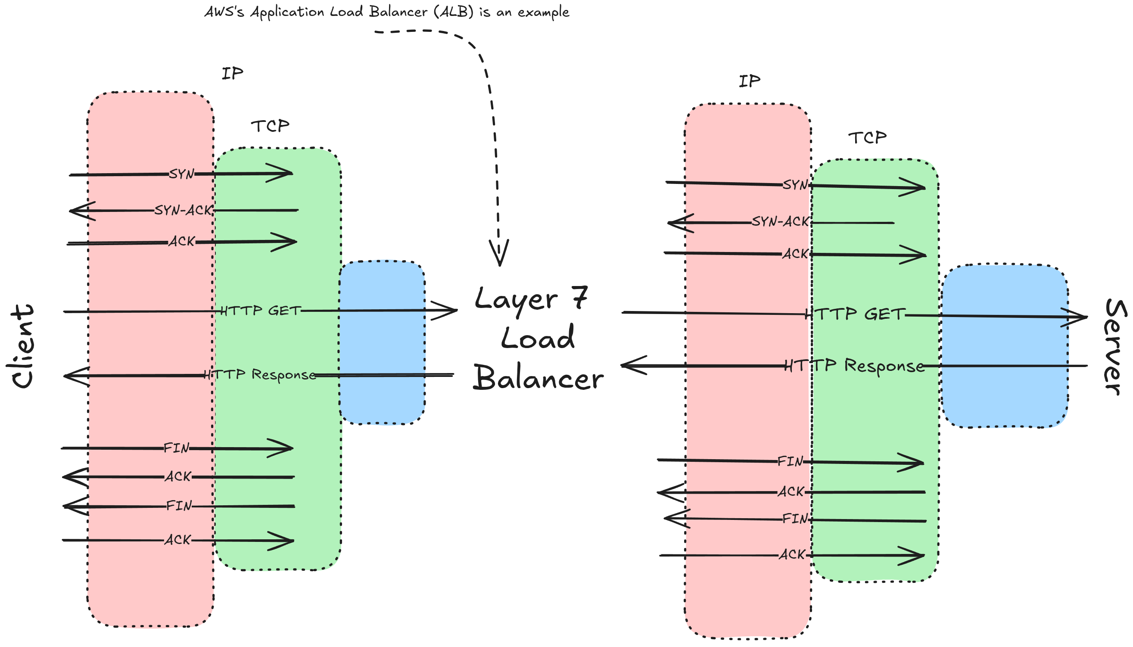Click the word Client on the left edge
pyautogui.click(x=22, y=346)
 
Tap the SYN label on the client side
pyautogui.click(x=181, y=174)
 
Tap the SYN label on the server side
pyautogui.click(x=795, y=184)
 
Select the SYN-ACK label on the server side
pyautogui.click(x=781, y=221)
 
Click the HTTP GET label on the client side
pyautogui.click(x=261, y=310)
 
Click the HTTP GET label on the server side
pyautogui.click(x=855, y=314)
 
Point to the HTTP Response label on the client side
pyautogui.click(x=260, y=375)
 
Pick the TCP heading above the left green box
pyautogui.click(x=270, y=126)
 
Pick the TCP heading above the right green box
pyautogui.click(x=867, y=137)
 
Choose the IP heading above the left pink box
pyautogui.click(x=232, y=73)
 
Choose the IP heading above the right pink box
pyautogui.click(x=750, y=81)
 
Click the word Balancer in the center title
pyautogui.click(x=538, y=378)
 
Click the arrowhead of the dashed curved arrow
pyautogui.click(x=499, y=253)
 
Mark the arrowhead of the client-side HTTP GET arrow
pyautogui.click(x=444, y=310)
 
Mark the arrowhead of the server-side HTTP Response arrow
pyautogui.click(x=634, y=365)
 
